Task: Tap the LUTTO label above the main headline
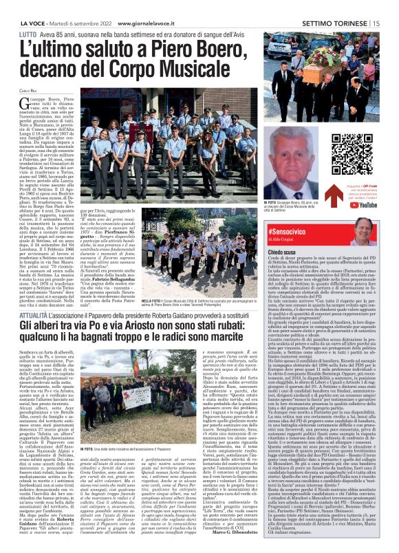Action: pyautogui.click(x=28, y=33)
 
